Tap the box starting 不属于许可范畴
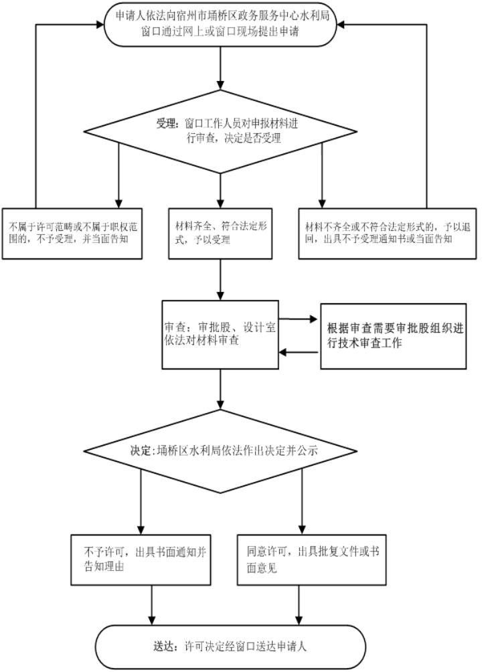pos(74,232)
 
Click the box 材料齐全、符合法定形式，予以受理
pos(220,232)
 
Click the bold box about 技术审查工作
pos(393,335)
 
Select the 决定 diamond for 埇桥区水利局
pos(220,450)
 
